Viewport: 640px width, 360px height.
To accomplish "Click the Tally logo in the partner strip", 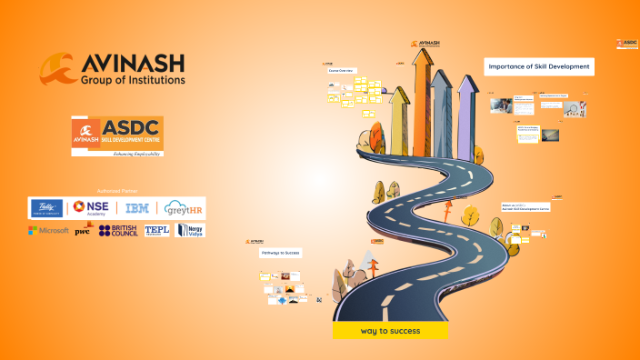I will (46, 208).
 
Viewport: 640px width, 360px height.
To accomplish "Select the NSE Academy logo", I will (92, 208).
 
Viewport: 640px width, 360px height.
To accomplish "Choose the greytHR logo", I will (185, 208).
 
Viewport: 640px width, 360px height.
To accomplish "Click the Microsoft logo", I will (49, 230).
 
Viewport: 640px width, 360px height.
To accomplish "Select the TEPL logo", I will (157, 230).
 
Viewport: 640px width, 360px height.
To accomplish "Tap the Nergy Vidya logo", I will (190, 230).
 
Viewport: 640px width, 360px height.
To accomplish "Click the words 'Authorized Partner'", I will (115, 191).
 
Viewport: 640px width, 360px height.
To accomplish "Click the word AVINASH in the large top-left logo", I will (133, 64).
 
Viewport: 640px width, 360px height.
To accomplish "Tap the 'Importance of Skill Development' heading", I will (539, 66).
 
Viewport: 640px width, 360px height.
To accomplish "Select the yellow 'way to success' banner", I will (390, 331).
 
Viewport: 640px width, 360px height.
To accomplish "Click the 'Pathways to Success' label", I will (280, 252).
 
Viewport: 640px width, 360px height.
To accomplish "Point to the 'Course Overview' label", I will (340, 70).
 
